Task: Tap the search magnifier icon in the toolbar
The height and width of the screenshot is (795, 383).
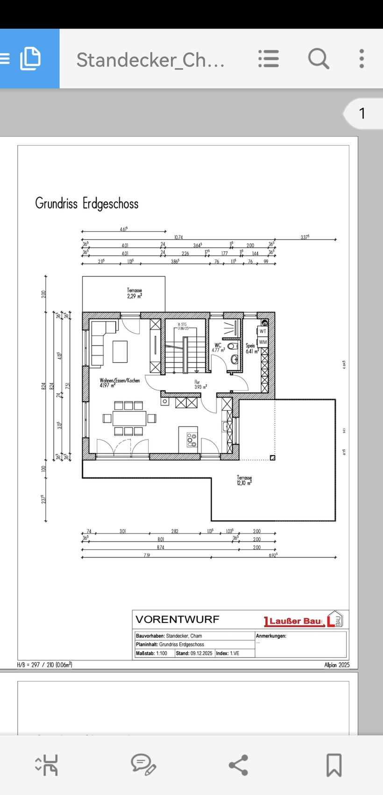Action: click(319, 59)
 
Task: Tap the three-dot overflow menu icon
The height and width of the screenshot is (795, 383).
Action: click(362, 59)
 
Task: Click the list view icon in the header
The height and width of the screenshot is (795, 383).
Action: click(269, 59)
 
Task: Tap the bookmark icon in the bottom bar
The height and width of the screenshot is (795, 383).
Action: click(333, 765)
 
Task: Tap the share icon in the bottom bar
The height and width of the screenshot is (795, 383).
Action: click(238, 765)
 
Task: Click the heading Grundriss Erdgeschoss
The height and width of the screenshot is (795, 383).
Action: click(87, 204)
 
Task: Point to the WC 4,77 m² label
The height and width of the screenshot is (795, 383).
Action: click(218, 347)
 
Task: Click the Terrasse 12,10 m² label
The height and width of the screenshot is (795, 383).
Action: click(244, 480)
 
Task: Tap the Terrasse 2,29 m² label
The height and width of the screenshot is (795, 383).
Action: click(135, 293)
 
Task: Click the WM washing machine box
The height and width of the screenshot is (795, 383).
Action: click(263, 342)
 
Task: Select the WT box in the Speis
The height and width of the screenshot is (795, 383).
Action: click(263, 331)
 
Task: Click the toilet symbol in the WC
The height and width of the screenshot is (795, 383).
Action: click(234, 359)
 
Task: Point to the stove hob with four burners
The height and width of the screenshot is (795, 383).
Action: click(191, 440)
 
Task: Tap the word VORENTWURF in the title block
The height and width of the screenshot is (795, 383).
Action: click(177, 620)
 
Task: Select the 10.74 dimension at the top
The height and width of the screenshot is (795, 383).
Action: click(178, 238)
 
